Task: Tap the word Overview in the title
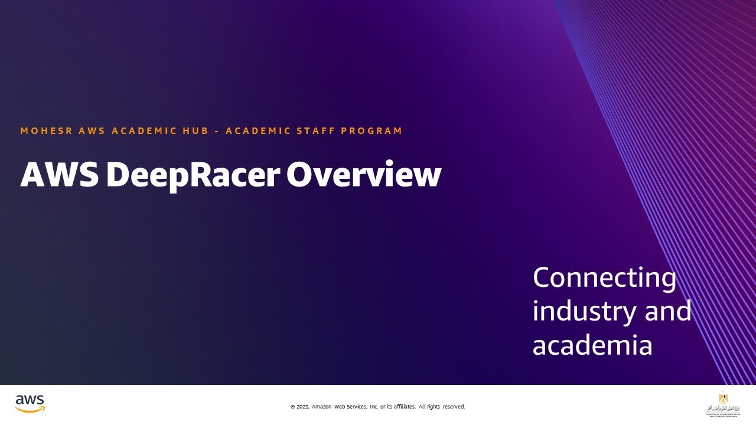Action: click(364, 175)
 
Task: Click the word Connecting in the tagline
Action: click(604, 278)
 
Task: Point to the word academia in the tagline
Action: click(592, 345)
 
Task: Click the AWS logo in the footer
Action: click(30, 403)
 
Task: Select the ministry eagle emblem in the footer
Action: click(723, 398)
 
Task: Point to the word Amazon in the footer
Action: click(322, 407)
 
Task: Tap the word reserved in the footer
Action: click(454, 407)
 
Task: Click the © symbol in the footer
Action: click(292, 407)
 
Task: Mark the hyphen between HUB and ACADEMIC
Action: click(217, 131)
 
